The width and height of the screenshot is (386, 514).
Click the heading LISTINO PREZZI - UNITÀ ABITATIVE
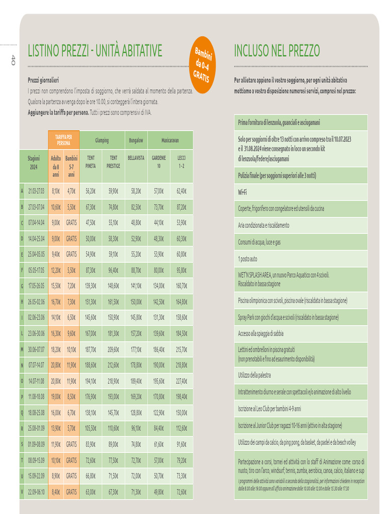pos(95,51)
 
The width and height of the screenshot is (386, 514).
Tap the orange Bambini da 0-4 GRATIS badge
pos(203,65)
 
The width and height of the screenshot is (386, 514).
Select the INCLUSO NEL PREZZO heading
pos(277,51)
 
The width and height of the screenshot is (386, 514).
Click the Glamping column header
pos(102,141)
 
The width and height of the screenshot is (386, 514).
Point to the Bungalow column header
pos(136,141)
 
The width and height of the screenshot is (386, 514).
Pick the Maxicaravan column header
pos(170,141)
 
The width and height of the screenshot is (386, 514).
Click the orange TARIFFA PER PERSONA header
pos(64,140)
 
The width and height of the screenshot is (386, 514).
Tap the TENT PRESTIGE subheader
pos(113,161)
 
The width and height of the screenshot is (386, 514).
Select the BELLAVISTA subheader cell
pos(136,158)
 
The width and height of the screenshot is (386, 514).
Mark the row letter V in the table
pos(22,491)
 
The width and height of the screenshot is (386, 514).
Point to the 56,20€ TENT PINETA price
pos(90,191)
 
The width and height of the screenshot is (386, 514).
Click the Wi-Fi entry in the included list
pos(243,192)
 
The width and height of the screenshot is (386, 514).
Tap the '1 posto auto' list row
pos(247,259)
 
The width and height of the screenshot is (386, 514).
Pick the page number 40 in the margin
pos(14,60)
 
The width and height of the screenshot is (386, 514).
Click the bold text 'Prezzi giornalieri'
pos(43,80)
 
